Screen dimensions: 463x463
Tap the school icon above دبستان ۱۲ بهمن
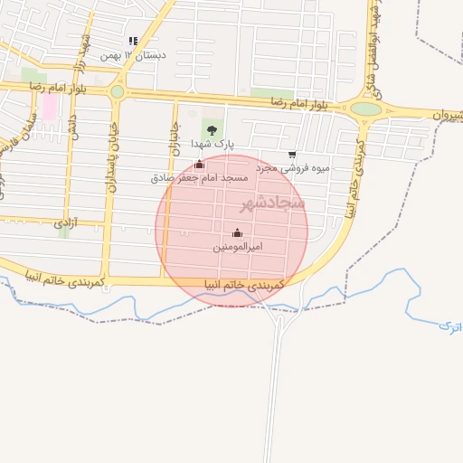click(x=133, y=41)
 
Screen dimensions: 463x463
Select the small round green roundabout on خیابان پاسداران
click(x=117, y=91)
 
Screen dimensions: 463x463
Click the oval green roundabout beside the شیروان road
click(x=365, y=109)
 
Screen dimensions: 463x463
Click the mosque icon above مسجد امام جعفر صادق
click(x=199, y=165)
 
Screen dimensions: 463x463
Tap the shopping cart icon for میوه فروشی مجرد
click(x=291, y=155)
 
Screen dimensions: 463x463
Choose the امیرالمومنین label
click(x=238, y=247)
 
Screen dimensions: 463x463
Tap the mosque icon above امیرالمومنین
click(x=237, y=233)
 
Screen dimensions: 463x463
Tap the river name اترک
click(x=449, y=326)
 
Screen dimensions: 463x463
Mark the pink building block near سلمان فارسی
click(x=50, y=108)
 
